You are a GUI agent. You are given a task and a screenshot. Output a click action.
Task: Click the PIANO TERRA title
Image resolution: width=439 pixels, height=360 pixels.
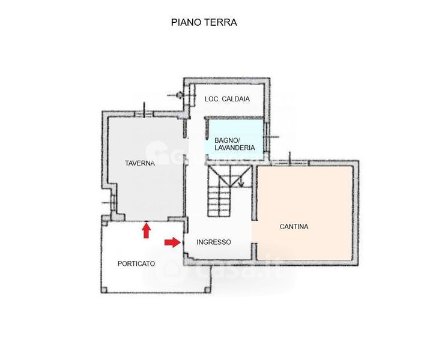point(204,22)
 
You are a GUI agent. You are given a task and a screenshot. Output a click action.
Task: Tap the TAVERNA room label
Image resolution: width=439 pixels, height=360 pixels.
point(140,163)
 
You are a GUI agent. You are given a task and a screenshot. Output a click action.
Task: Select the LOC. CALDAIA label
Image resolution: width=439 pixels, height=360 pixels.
point(227,99)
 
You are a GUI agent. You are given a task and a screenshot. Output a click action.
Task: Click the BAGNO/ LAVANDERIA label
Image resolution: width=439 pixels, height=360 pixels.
point(235,144)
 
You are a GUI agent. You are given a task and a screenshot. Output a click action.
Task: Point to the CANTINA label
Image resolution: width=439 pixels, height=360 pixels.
point(294,227)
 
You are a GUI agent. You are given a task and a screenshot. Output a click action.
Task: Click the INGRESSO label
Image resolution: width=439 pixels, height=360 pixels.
point(214,242)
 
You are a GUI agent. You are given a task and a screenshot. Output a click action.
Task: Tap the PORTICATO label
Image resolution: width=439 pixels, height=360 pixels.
point(136,263)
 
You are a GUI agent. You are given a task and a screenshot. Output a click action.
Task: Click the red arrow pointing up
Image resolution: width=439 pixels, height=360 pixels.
point(146,232)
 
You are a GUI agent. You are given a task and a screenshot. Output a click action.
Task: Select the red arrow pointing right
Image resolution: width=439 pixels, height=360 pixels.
point(172,242)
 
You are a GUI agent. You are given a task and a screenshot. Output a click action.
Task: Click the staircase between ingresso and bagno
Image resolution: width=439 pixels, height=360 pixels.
point(229,191)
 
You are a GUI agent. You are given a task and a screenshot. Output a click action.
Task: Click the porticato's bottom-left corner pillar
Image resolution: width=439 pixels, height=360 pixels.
point(104,290)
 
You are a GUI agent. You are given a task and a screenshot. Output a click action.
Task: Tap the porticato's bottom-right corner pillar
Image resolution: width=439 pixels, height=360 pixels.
point(207,290)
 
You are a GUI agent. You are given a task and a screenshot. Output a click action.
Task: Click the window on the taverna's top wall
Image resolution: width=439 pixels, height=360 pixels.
point(144,114)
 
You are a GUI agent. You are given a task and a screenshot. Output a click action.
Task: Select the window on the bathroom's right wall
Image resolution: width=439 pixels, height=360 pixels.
point(267,137)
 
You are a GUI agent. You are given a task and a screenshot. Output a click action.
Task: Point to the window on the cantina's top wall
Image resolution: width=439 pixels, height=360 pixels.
point(290,162)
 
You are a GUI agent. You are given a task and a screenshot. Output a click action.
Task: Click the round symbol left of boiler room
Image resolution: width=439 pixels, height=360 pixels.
point(179,95)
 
